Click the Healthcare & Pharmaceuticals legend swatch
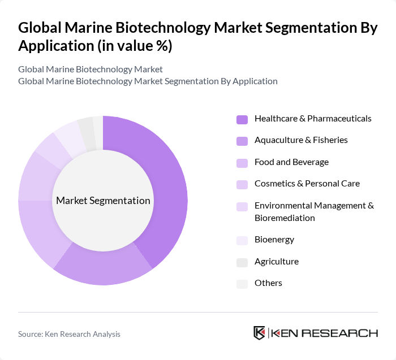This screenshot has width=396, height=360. (242, 119)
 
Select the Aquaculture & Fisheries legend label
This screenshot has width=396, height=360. (301, 140)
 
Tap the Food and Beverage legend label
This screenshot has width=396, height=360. (291, 162)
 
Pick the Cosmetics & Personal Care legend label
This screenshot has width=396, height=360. (307, 184)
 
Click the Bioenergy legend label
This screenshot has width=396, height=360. (274, 240)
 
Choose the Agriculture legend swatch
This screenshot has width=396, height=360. (242, 262)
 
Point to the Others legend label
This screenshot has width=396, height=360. (268, 283)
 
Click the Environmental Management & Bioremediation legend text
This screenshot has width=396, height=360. (314, 211)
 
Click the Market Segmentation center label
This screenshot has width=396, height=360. (103, 201)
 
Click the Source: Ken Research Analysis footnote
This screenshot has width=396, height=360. (69, 334)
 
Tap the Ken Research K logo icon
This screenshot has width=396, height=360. (259, 333)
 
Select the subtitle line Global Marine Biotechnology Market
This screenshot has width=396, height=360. (91, 69)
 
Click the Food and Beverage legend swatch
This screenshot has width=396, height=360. (242, 163)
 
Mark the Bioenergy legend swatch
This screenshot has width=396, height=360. (242, 240)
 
